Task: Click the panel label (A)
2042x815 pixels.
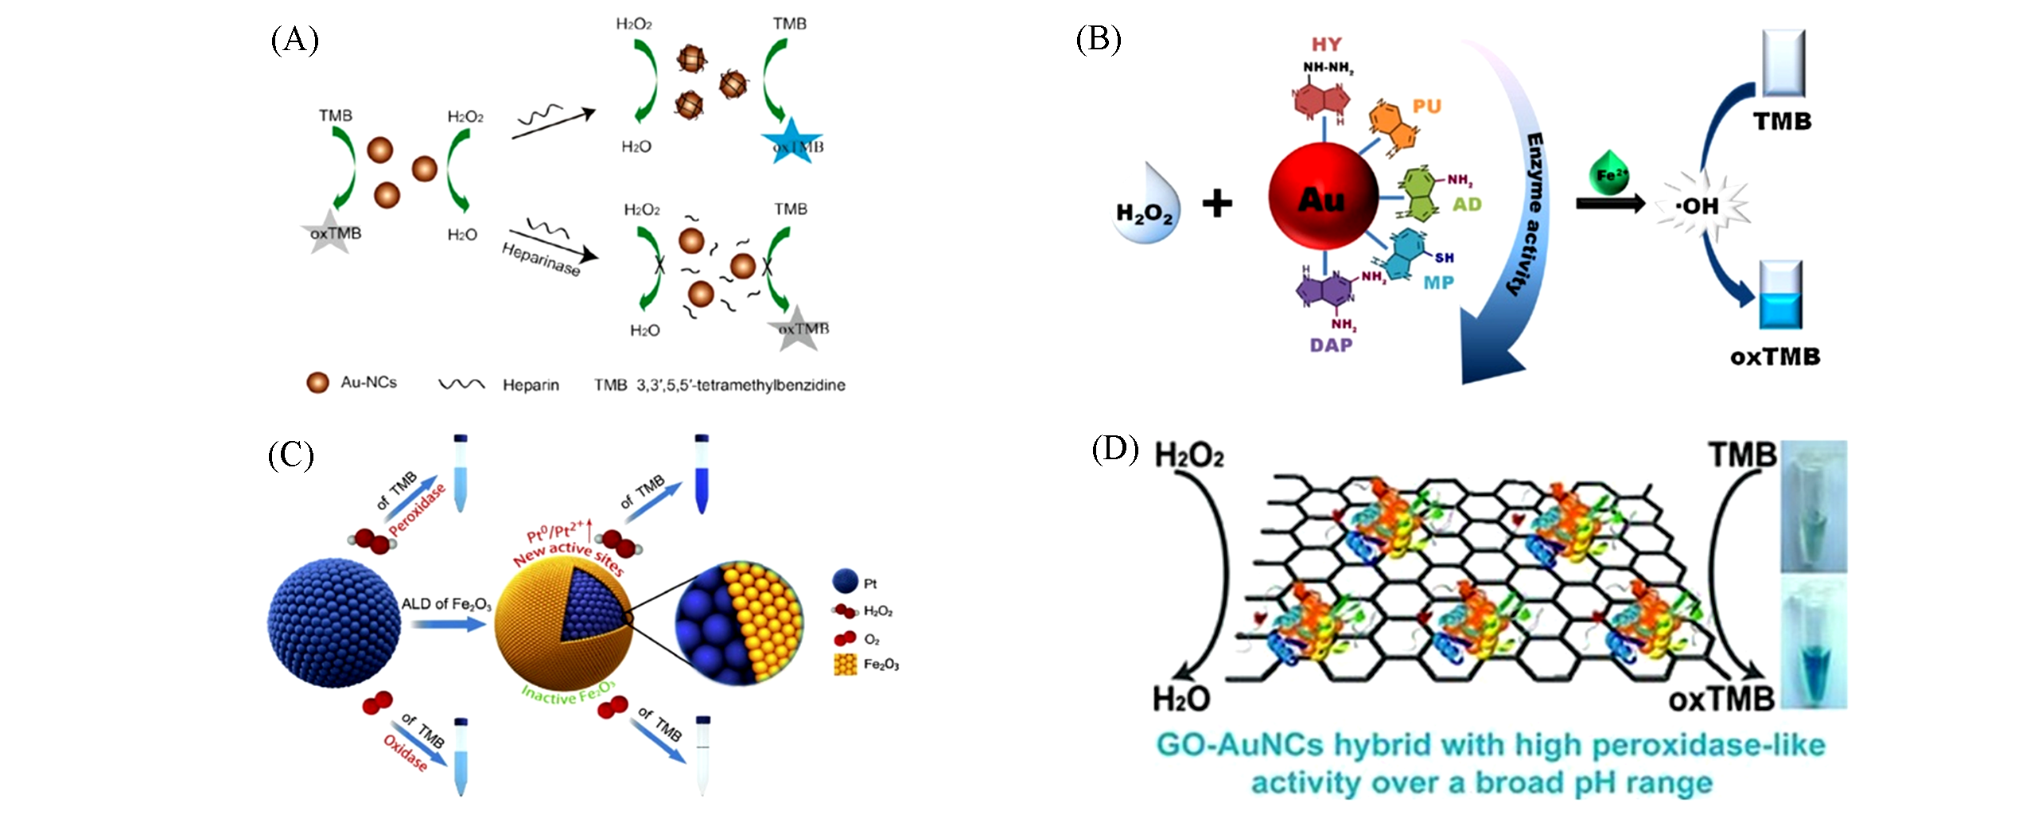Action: click(294, 39)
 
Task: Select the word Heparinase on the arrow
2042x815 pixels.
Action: click(541, 259)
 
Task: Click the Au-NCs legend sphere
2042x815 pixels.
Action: click(317, 383)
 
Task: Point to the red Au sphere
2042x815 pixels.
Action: click(1323, 197)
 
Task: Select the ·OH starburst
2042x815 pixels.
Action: click(1701, 205)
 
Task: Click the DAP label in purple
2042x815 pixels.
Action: click(1331, 345)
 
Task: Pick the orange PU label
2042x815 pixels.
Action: click(1426, 107)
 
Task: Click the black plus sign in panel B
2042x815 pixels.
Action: click(1217, 204)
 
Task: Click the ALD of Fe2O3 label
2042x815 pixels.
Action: click(445, 604)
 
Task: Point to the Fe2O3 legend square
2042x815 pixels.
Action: click(845, 665)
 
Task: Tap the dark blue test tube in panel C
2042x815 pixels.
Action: click(701, 475)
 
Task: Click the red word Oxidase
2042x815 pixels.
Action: click(406, 753)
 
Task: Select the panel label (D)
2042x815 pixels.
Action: click(1114, 450)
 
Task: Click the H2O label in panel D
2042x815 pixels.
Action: click(1180, 700)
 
